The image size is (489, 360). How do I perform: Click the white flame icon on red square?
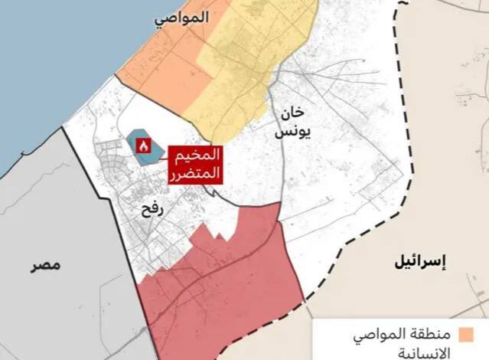pyautogui.click(x=142, y=144)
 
